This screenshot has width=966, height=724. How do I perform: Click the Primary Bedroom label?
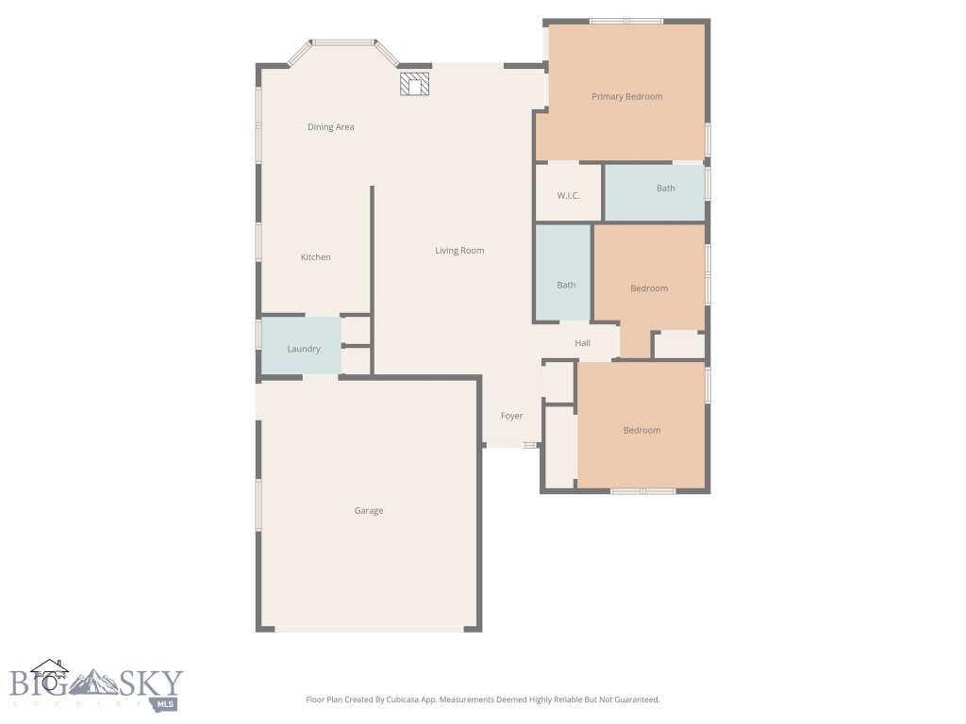(626, 96)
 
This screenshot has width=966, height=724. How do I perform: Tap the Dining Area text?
(330, 126)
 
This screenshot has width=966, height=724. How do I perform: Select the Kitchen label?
(315, 257)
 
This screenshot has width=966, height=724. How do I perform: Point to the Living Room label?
(459, 251)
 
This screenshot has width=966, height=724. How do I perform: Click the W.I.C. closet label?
(568, 195)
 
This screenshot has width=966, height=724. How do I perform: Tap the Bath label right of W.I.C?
(665, 189)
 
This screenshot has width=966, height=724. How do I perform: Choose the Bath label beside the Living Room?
(565, 286)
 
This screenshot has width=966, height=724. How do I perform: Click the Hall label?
(582, 343)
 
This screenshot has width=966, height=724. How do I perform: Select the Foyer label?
(511, 416)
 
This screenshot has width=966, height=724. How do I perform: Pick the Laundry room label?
(304, 349)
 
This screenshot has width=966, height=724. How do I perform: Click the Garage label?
(368, 511)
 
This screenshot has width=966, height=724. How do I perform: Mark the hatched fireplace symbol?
(414, 85)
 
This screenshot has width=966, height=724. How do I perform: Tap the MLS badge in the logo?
(166, 703)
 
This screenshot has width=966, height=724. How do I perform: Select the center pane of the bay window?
(342, 42)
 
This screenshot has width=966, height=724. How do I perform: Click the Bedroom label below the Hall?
(641, 430)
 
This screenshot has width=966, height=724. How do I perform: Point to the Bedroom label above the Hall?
(649, 288)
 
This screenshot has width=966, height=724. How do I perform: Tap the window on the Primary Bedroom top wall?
(626, 21)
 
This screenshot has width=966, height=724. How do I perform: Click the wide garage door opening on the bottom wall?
(369, 628)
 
